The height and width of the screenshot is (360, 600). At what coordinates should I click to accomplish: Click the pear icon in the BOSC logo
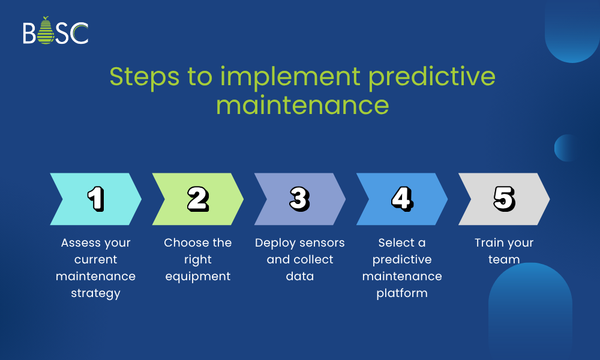point(46,31)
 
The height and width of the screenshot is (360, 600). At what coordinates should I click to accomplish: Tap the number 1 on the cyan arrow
point(95,199)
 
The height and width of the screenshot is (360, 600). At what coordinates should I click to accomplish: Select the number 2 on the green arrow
point(198,199)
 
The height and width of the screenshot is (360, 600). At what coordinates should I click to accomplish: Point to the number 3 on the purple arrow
point(299,199)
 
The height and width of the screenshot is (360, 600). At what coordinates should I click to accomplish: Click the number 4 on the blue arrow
point(402,199)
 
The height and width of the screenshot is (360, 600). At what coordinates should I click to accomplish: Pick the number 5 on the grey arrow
point(505,199)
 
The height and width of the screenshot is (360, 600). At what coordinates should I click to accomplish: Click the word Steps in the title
point(144,77)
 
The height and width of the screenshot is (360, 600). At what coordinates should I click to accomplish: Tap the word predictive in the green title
point(432,77)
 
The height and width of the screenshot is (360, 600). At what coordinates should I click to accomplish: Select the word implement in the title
point(290,77)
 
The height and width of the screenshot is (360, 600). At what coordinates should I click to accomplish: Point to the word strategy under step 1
point(95,293)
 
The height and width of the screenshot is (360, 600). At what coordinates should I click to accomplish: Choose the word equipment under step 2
point(198,277)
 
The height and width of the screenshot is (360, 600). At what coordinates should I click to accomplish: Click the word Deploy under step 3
point(275,243)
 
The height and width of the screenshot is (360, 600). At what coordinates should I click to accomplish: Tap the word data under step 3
point(300,276)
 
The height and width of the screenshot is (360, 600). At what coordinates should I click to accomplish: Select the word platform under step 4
point(402,293)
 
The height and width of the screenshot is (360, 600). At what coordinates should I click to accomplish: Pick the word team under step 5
point(504,259)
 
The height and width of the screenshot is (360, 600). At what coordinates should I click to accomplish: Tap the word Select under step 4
point(397,242)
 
